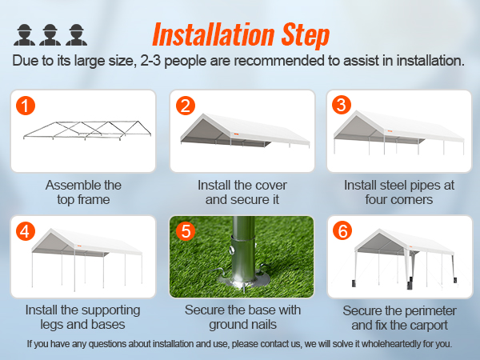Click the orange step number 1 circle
26,106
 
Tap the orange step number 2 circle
186,106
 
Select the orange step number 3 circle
342,106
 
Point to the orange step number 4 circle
26,232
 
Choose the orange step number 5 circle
186,232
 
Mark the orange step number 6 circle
342,232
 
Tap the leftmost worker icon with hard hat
24,34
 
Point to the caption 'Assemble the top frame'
83,192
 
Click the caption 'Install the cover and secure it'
242,192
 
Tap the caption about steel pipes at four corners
399,192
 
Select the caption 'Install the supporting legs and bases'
83,317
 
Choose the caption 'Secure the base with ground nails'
242,317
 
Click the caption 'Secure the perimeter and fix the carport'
399,317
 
